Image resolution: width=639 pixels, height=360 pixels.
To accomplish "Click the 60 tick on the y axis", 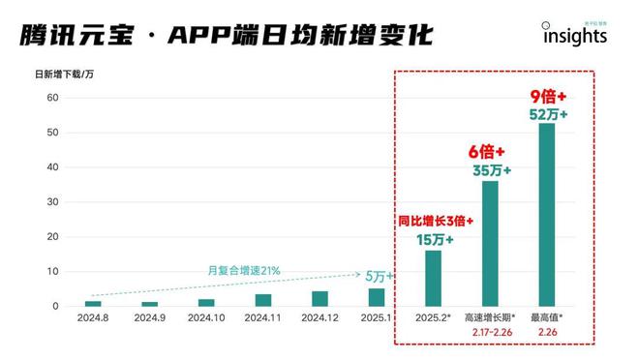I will (x=54, y=98).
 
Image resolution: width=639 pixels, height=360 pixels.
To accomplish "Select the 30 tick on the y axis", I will (x=54, y=202).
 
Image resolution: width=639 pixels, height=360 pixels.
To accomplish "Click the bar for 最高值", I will (x=547, y=214).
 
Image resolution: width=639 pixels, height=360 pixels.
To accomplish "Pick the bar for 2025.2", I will (x=433, y=279).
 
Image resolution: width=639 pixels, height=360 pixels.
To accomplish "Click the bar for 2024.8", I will (x=93, y=303).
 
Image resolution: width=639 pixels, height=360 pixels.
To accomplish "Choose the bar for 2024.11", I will (x=263, y=300).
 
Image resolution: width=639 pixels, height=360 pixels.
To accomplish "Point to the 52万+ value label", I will (x=548, y=114).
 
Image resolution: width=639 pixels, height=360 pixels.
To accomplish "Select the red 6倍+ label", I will (x=490, y=152).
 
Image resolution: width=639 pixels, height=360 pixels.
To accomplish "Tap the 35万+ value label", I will (x=491, y=170).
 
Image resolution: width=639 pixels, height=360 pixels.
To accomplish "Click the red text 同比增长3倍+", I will (x=436, y=220).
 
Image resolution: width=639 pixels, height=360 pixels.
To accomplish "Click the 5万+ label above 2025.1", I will (x=379, y=276).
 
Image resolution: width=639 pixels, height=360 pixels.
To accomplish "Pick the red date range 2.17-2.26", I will (x=491, y=333).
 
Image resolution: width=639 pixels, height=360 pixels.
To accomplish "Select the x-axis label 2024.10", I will (x=206, y=317).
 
